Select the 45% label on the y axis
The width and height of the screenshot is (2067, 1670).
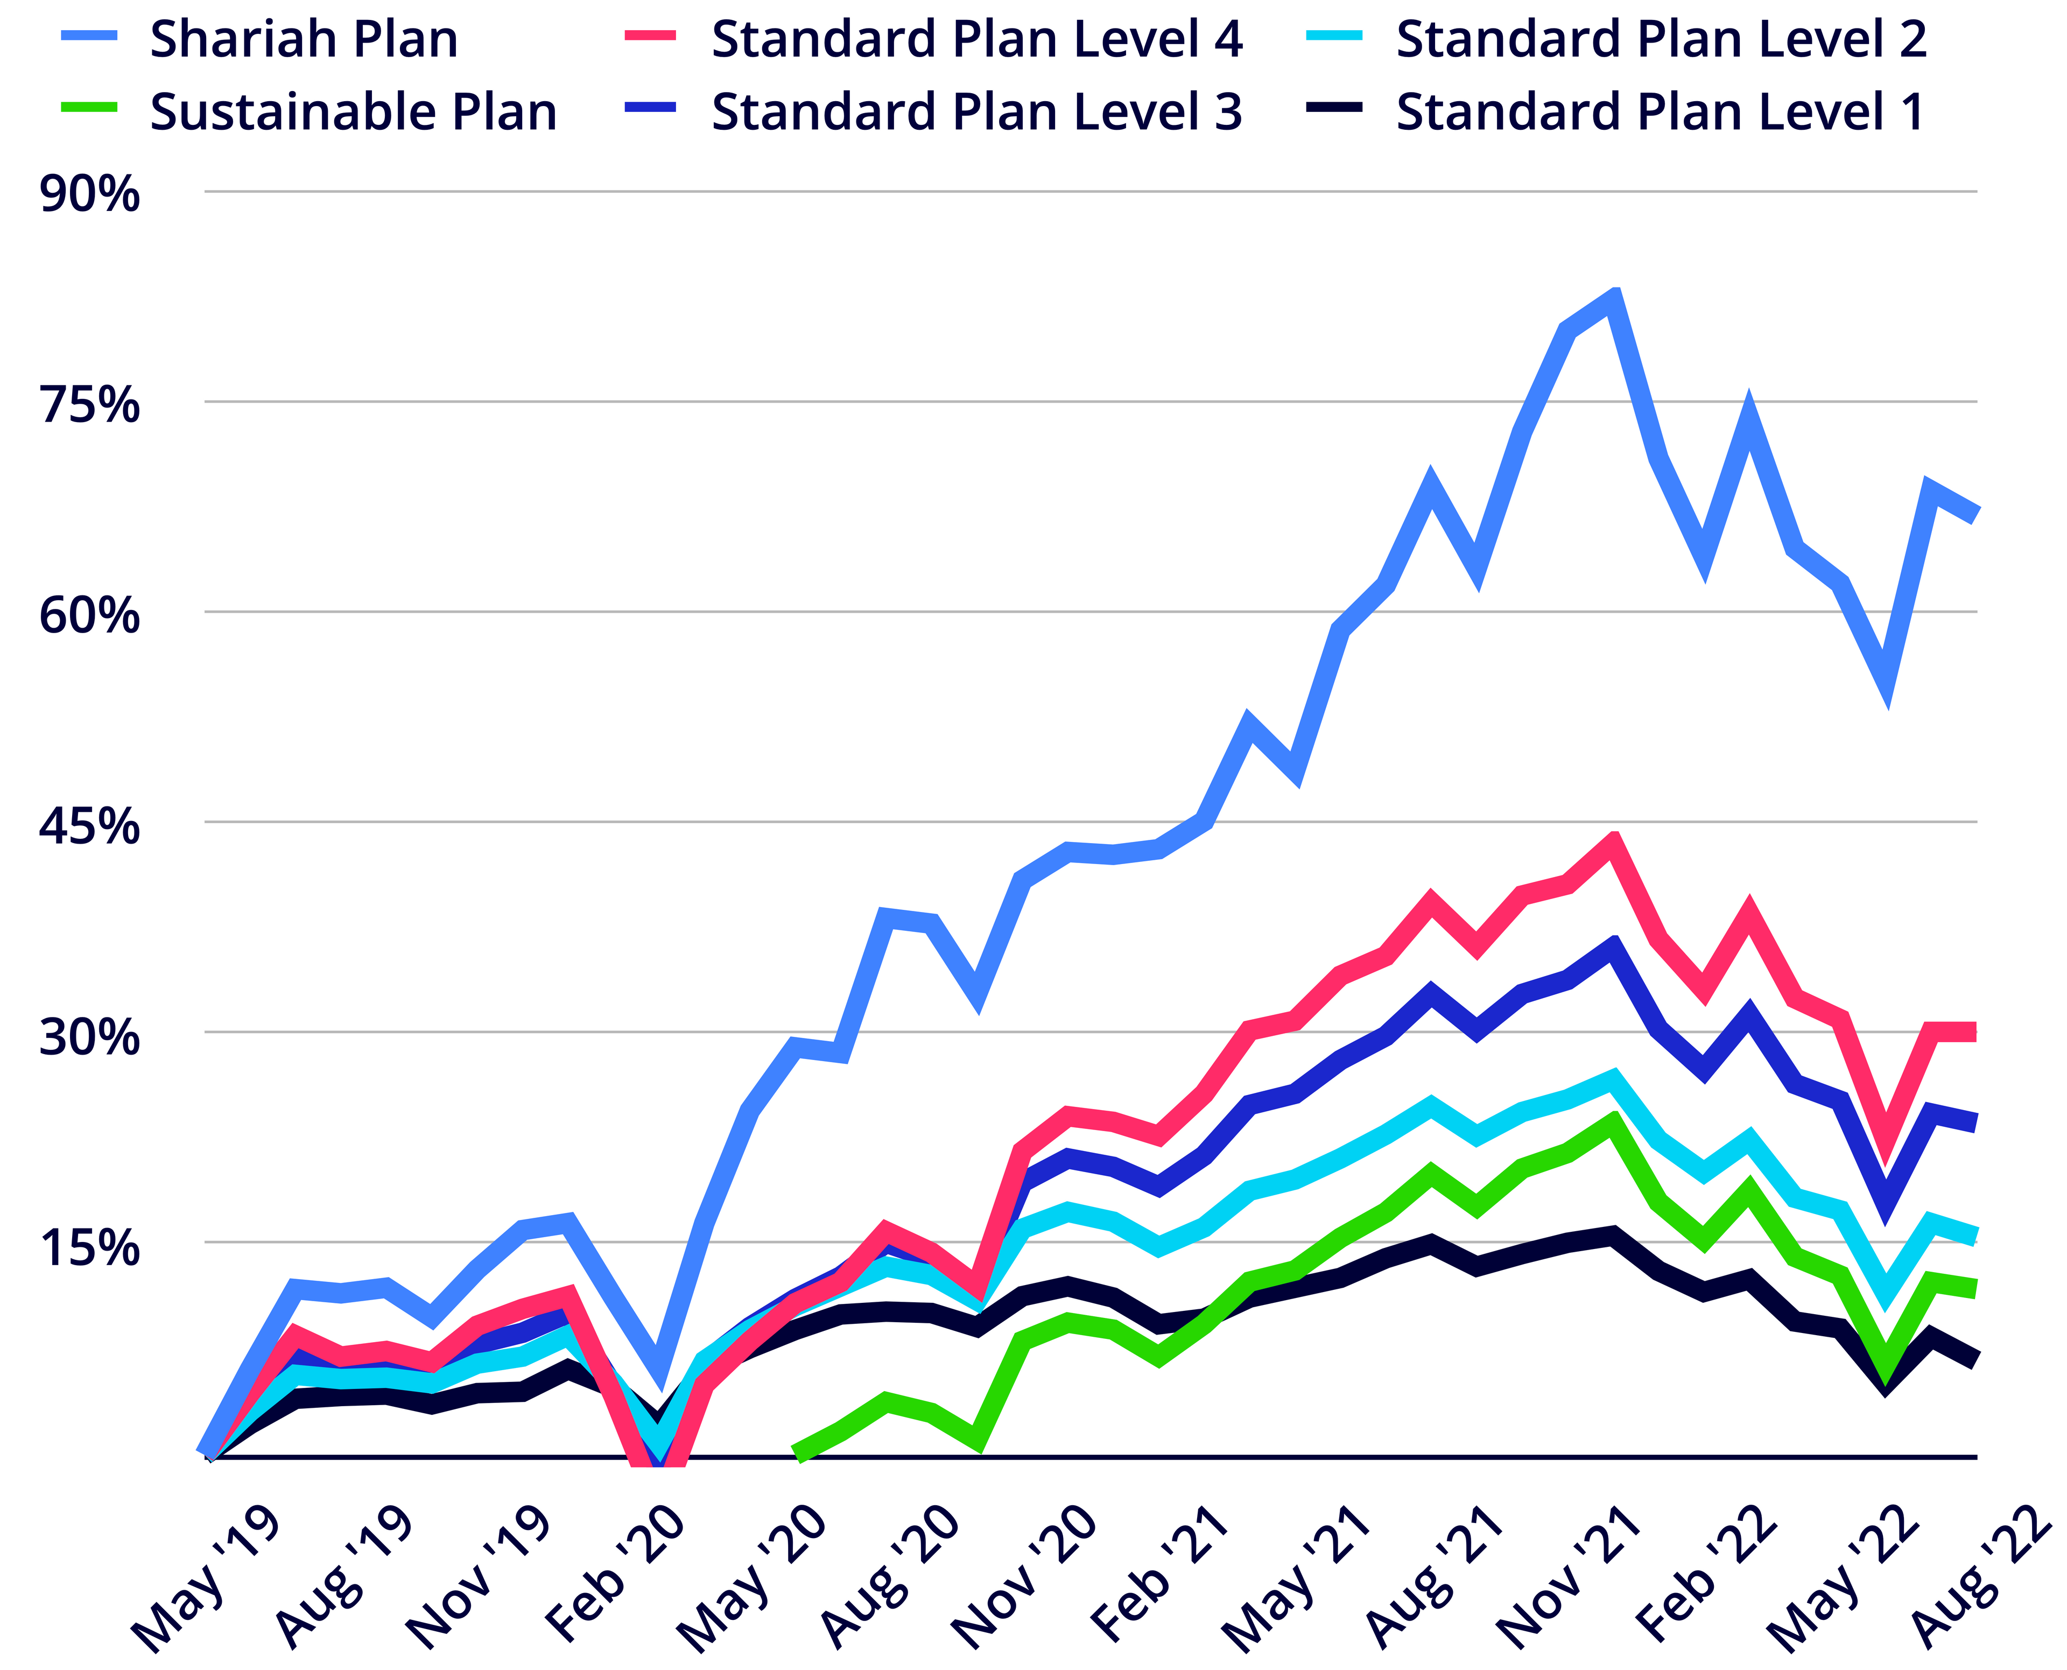88,825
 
